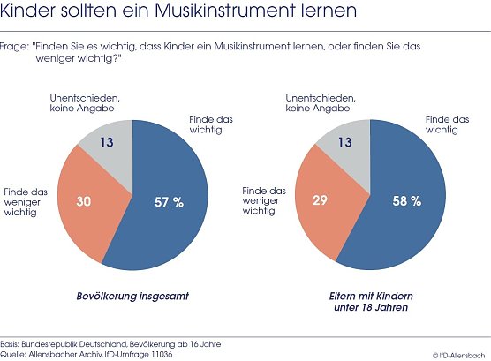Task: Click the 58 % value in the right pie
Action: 405,202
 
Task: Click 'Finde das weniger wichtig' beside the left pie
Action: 26,199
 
